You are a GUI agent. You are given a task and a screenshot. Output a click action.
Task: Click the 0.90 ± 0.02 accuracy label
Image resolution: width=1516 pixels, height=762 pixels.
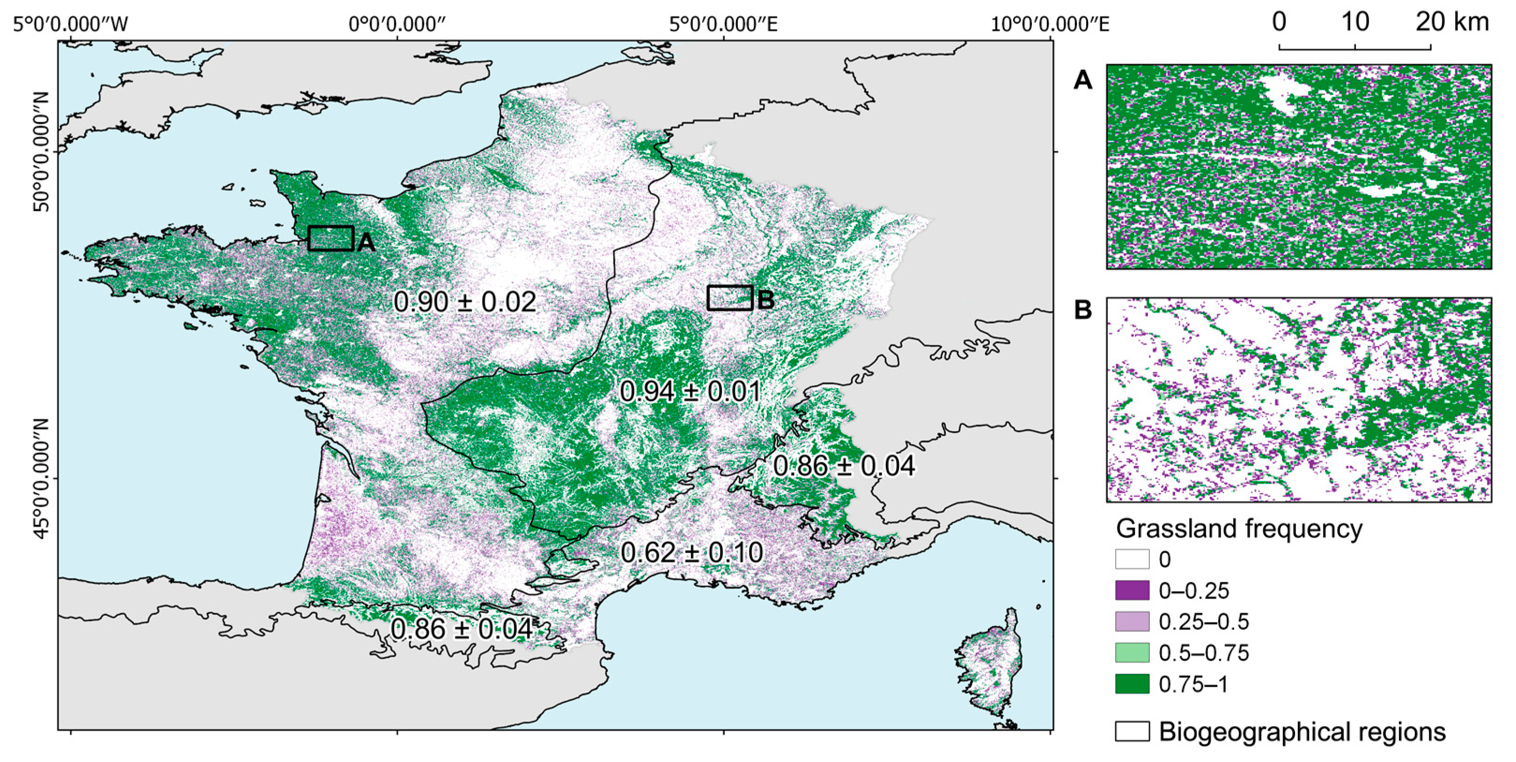tap(464, 302)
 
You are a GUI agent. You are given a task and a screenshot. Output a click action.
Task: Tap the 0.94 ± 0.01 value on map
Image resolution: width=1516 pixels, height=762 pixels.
tap(690, 392)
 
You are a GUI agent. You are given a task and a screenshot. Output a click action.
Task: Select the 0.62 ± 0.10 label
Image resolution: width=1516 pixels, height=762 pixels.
tap(692, 552)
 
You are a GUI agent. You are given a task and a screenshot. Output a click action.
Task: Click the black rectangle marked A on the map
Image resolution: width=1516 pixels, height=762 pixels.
tap(331, 238)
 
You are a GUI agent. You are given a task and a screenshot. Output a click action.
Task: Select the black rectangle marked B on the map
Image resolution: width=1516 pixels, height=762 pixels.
tap(730, 298)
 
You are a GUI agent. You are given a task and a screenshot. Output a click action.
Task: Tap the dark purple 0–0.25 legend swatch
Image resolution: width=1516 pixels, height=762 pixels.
tap(1132, 590)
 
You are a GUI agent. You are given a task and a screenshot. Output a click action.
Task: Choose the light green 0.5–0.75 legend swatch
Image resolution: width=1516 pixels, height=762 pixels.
tap(1132, 652)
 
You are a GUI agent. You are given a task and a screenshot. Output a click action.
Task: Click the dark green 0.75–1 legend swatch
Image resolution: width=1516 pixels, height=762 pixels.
tap(1132, 684)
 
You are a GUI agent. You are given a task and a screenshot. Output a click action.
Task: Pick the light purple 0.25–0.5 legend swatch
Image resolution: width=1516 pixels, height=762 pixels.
tap(1132, 621)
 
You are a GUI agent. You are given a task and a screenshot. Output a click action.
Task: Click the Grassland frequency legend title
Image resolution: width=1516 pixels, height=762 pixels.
tap(1239, 529)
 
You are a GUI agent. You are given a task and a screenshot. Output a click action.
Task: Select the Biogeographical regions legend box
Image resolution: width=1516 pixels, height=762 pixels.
tap(1132, 732)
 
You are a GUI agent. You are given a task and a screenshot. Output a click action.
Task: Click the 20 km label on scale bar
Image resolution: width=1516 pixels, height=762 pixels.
tap(1451, 22)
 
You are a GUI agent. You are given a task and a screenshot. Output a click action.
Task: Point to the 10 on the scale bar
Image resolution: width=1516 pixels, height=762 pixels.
tap(1355, 22)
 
